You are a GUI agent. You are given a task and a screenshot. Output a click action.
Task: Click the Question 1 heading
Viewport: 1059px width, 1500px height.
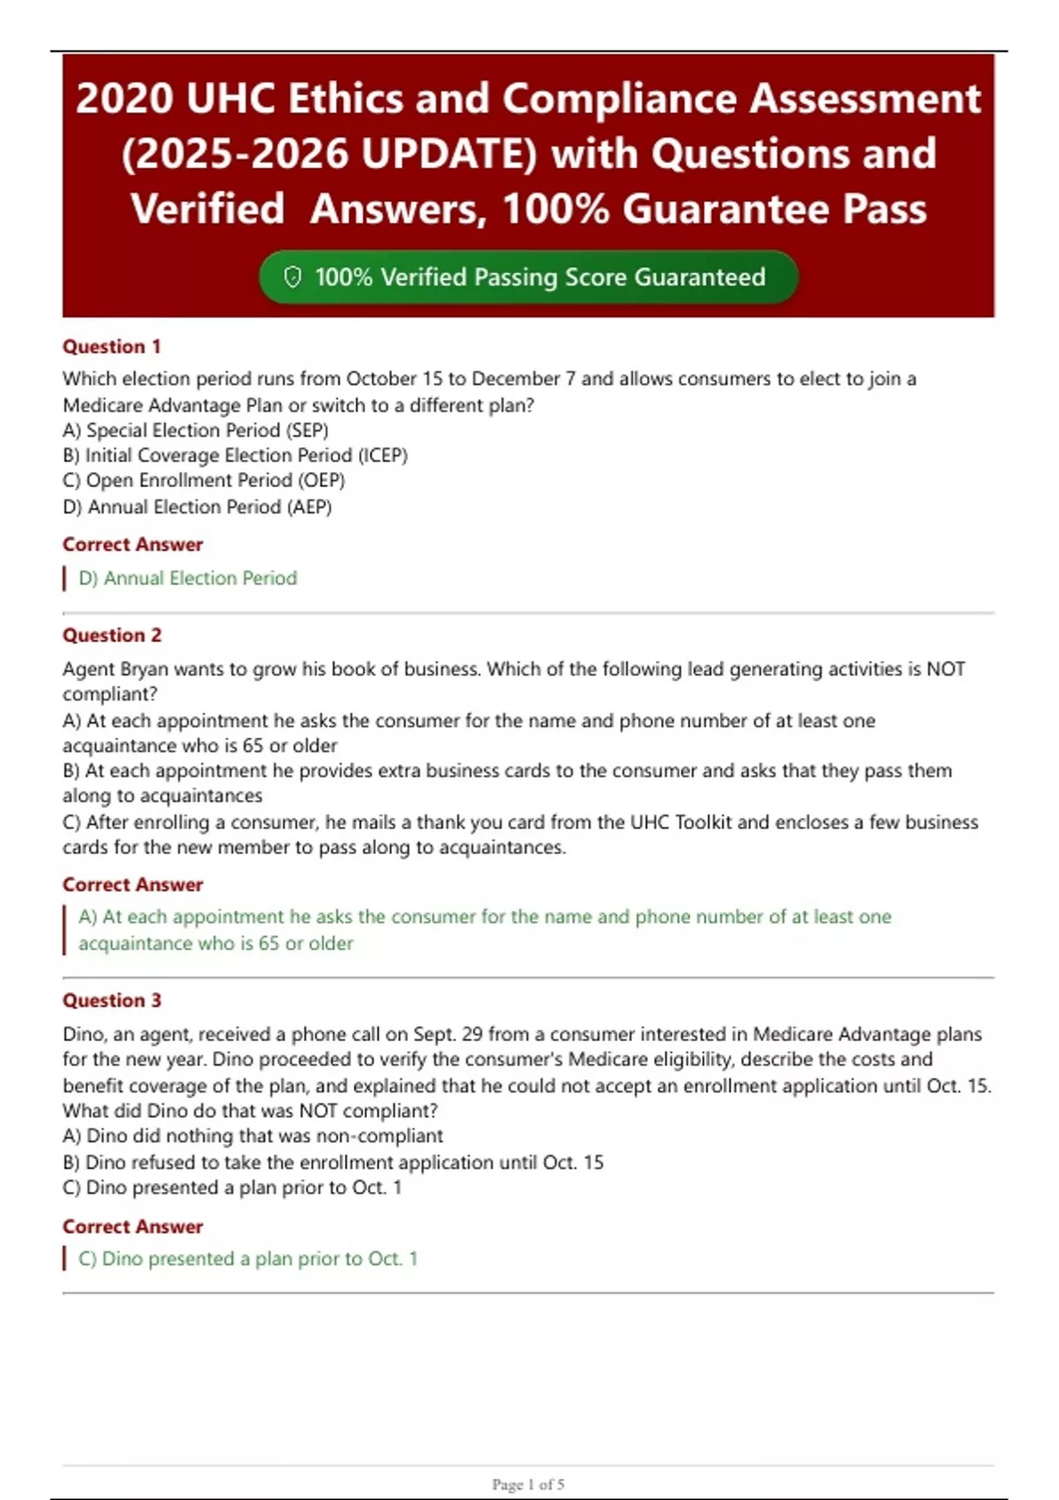click(x=111, y=347)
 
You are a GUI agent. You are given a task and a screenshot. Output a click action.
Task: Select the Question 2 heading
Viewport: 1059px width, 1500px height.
click(x=111, y=635)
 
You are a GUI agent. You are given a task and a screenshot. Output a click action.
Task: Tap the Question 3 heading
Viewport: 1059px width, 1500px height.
click(x=111, y=1001)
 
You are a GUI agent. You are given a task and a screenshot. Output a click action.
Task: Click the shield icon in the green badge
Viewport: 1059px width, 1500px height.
click(x=292, y=277)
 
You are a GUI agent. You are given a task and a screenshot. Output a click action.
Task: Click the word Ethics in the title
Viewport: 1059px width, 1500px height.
click(x=345, y=98)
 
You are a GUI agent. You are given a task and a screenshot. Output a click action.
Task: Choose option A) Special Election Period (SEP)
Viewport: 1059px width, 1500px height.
click(x=195, y=431)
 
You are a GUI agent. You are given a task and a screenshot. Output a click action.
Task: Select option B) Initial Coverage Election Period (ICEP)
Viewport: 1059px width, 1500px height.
click(x=235, y=455)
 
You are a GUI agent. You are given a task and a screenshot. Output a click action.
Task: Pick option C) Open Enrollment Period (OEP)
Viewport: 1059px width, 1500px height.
click(x=203, y=481)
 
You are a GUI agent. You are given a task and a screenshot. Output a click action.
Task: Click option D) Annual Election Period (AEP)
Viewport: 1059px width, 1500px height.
click(x=197, y=507)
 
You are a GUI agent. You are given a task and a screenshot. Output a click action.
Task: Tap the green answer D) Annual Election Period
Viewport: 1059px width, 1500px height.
click(x=187, y=579)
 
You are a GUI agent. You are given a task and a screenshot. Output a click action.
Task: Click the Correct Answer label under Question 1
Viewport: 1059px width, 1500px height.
click(x=132, y=544)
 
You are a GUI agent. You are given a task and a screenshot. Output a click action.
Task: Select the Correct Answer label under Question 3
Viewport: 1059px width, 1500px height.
click(x=132, y=1226)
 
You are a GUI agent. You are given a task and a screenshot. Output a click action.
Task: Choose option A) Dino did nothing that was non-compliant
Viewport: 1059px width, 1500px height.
click(x=252, y=1136)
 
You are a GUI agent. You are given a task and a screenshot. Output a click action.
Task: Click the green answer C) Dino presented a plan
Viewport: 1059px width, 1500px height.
click(x=247, y=1259)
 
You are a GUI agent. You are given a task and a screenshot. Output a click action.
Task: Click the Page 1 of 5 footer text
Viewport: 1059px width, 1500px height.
click(x=528, y=1484)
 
